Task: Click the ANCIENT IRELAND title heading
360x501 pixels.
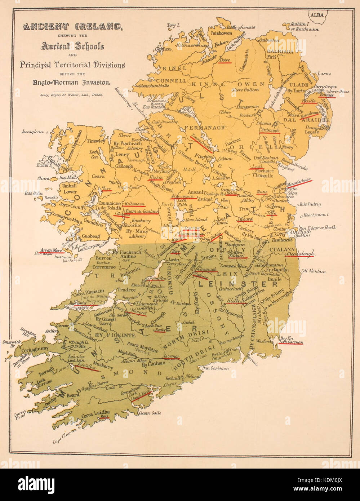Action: point(72,26)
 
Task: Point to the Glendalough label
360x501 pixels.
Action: point(301,253)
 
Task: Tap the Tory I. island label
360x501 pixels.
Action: point(172,25)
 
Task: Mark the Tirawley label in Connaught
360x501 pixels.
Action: point(96,141)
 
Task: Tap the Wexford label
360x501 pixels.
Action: point(264,341)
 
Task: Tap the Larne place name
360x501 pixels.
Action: point(325,74)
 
